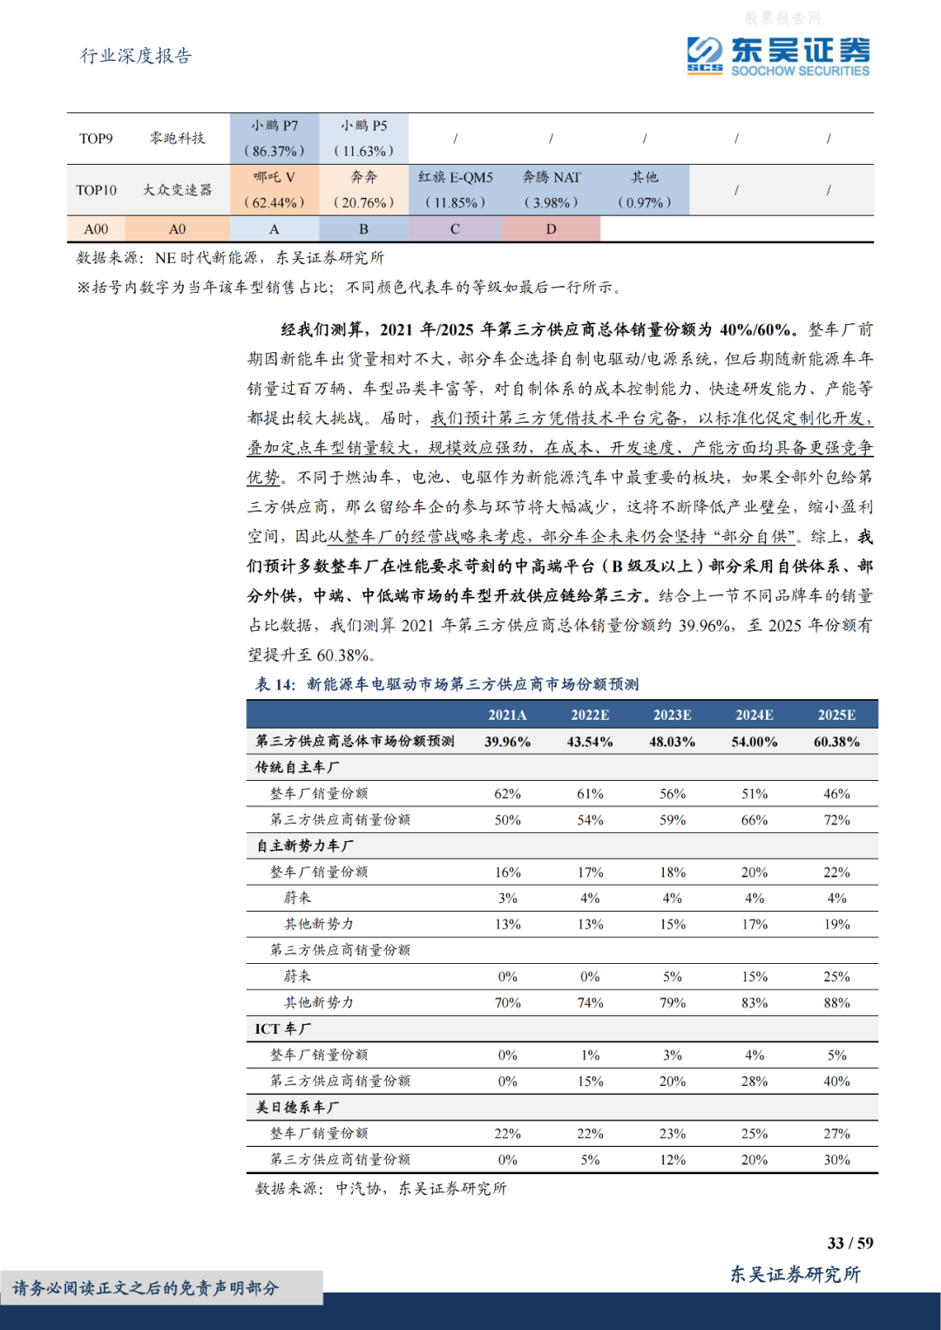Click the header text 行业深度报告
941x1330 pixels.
point(136,56)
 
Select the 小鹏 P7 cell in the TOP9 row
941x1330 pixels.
point(274,138)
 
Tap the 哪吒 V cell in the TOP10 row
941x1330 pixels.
point(274,189)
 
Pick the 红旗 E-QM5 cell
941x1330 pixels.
point(455,189)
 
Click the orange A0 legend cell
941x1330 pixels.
point(177,229)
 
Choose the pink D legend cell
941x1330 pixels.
point(551,229)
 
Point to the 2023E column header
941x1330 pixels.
point(672,715)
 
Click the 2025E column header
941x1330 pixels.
point(836,715)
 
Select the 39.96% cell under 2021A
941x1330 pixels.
point(507,742)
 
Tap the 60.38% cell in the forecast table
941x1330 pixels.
point(836,742)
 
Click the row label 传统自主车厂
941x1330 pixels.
point(297,767)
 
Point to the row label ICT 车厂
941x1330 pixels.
point(282,1028)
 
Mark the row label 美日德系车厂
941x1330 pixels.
point(297,1107)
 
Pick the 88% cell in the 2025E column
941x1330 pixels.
point(836,1003)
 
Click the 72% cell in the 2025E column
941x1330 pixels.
point(836,820)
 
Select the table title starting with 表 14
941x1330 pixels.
point(447,684)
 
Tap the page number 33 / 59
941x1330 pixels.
point(850,1243)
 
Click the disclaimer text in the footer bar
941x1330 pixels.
point(146,1288)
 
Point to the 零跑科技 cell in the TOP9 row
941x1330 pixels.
point(177,138)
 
